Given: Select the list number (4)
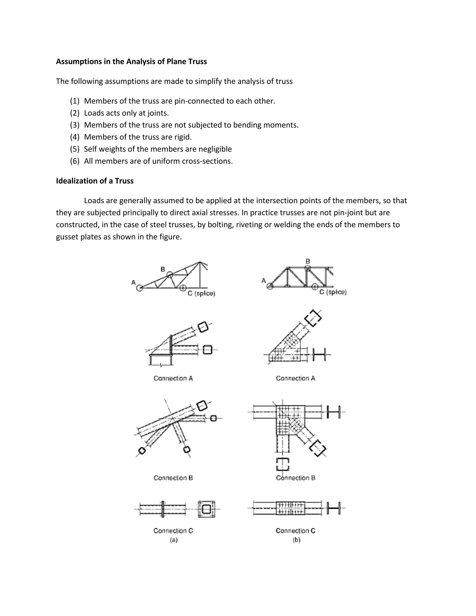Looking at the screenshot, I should (x=75, y=137).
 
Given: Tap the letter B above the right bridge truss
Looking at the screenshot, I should (x=308, y=261).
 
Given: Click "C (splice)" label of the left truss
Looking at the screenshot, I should (x=201, y=294).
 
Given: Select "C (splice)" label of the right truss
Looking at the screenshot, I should (x=333, y=292).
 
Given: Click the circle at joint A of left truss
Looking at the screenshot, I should (x=139, y=288).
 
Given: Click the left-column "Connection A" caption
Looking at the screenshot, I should (x=173, y=378).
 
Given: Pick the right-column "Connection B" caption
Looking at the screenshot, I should (x=296, y=478).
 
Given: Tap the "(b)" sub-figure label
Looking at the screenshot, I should (x=296, y=540).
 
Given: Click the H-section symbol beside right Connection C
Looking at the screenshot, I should (x=334, y=508).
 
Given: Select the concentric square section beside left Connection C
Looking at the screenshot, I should (x=206, y=509).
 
